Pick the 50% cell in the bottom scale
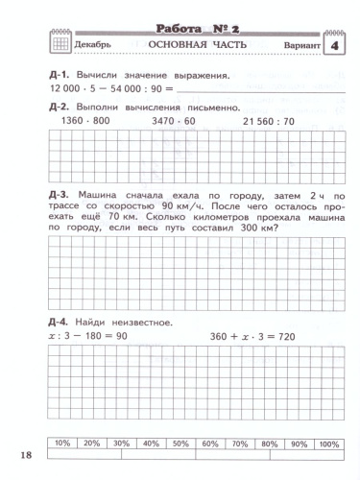click(x=180, y=444)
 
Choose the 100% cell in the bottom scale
click(x=328, y=444)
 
